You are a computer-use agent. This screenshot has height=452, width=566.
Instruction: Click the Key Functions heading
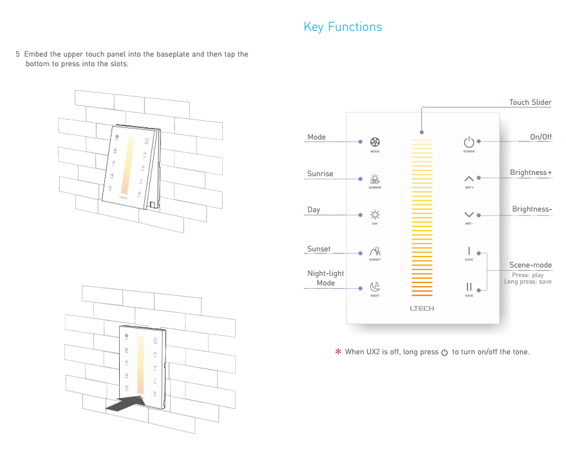click(x=343, y=27)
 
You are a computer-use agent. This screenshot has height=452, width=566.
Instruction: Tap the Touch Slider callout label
click(x=530, y=102)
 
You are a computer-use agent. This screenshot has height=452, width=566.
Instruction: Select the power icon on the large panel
click(x=469, y=142)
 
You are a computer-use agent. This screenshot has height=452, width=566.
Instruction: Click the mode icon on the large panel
click(x=375, y=142)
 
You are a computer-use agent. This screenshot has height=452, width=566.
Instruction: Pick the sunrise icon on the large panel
click(x=375, y=179)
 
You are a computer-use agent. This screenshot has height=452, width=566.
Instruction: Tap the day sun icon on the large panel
click(x=375, y=215)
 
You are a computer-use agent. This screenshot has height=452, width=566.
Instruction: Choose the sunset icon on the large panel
click(x=375, y=251)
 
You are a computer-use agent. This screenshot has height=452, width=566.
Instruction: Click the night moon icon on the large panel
click(x=375, y=287)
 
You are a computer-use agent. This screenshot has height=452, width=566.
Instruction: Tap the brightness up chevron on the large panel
click(x=469, y=179)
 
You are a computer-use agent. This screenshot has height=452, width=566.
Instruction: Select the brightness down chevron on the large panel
click(x=469, y=215)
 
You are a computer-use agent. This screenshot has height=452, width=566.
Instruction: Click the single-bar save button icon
click(x=469, y=251)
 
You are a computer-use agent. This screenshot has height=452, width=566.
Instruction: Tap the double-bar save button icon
click(x=469, y=287)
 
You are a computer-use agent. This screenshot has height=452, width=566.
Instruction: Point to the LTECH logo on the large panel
click(x=422, y=308)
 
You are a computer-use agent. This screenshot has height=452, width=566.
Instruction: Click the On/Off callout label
click(x=540, y=137)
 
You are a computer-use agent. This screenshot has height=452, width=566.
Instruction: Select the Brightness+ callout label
click(x=531, y=173)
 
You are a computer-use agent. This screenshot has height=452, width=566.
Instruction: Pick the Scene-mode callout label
click(x=530, y=265)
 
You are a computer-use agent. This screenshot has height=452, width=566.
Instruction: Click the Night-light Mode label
click(x=325, y=278)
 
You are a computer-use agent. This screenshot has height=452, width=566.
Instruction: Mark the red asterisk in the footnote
click(x=337, y=352)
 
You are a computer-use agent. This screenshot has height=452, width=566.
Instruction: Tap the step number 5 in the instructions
click(x=18, y=55)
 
